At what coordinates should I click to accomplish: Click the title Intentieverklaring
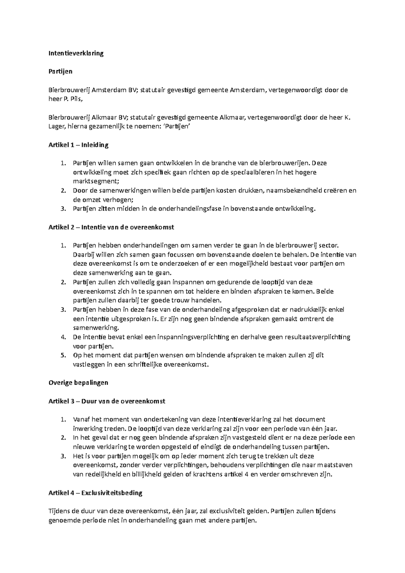click(x=76, y=53)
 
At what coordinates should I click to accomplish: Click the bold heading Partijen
click(x=60, y=72)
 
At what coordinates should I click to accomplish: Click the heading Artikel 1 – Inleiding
click(x=78, y=145)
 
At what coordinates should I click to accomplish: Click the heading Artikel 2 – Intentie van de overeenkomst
click(x=111, y=227)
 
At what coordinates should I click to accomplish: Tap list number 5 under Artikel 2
click(x=63, y=355)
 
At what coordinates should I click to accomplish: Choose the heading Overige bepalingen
click(x=78, y=383)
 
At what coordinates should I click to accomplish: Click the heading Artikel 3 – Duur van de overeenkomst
click(x=107, y=402)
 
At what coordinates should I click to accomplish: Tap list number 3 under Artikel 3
click(x=63, y=456)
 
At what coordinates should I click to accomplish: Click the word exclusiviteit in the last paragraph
click(x=219, y=511)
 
